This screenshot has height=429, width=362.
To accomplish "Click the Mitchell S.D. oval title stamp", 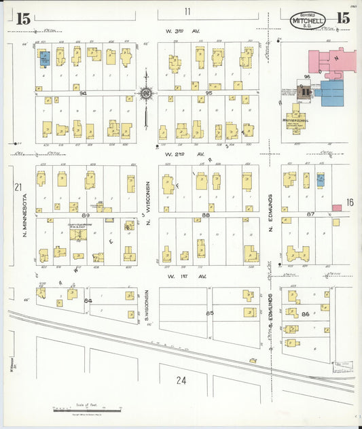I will tap(308, 20).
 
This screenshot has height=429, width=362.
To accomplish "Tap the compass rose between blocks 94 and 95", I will tap(145, 93).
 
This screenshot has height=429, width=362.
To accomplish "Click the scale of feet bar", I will tap(86, 409).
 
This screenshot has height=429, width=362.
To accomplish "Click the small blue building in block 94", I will tap(45, 59).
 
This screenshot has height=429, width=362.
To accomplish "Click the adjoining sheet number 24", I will tap(181, 380).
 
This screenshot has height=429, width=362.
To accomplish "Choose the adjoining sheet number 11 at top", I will tap(187, 11).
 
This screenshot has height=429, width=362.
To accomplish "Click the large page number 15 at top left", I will tap(23, 19).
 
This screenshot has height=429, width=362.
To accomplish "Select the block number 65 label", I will tap(209, 313).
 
